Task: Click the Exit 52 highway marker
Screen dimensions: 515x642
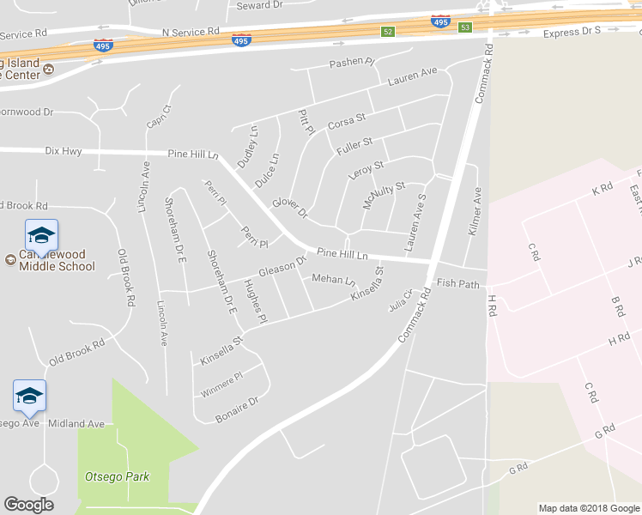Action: pyautogui.click(x=388, y=32)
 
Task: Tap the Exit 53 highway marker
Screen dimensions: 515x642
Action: pyautogui.click(x=465, y=27)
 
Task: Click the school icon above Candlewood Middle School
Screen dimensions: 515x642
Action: pyautogui.click(x=40, y=234)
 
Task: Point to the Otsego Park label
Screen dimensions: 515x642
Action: pyautogui.click(x=117, y=476)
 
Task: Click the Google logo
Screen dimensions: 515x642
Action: pyautogui.click(x=28, y=505)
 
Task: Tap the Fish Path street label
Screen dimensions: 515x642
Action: pyautogui.click(x=457, y=282)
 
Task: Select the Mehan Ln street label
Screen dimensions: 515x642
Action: pyautogui.click(x=333, y=279)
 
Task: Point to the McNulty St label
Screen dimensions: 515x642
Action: pyautogui.click(x=383, y=195)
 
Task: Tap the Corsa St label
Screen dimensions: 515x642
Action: pyautogui.click(x=347, y=121)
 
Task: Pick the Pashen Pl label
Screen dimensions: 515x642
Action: pyautogui.click(x=352, y=63)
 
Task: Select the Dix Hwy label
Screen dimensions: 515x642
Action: pyautogui.click(x=64, y=151)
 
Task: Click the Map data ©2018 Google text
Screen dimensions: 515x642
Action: pyautogui.click(x=589, y=508)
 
